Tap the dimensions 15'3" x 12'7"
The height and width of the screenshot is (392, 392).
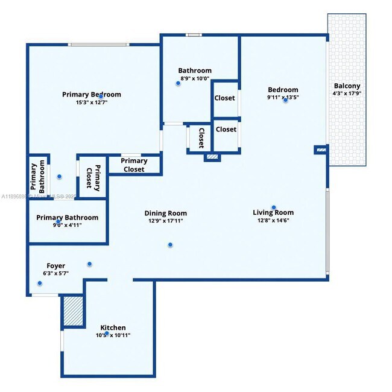[92, 103]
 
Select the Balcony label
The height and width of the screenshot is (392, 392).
[346, 86]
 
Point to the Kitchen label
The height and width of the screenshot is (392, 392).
[113, 328]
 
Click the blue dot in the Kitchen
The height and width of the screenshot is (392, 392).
[107, 334]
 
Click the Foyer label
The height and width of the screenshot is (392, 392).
[55, 265]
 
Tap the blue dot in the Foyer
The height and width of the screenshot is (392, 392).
[89, 264]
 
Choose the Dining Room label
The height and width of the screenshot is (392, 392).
[165, 213]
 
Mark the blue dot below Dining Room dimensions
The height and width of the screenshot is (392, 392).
[170, 245]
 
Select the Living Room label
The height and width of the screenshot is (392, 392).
[273, 212]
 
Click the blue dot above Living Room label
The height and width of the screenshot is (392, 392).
[274, 207]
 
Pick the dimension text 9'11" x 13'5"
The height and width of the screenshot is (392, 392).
[283, 97]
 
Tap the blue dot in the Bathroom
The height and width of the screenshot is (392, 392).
[178, 84]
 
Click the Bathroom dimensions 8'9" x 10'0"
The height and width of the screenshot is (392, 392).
[195, 78]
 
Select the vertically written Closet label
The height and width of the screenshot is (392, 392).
[201, 137]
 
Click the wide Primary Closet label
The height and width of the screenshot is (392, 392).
[134, 165]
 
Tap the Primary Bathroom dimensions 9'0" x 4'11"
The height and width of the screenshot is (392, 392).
[68, 225]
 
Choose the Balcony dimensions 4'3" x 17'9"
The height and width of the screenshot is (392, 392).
[346, 93]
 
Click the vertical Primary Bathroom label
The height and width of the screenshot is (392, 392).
[38, 176]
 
